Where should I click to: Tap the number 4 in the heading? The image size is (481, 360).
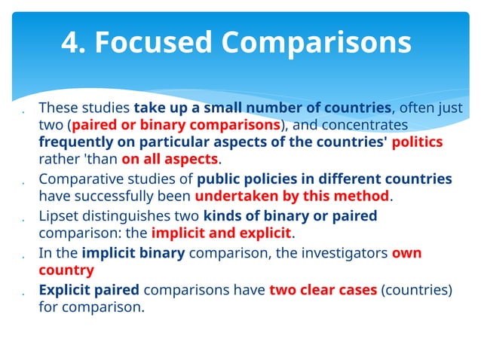[x=72, y=42]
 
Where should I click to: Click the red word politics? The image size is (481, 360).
[x=418, y=142]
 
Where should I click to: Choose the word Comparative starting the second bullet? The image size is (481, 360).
[x=75, y=179]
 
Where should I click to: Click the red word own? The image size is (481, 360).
[x=406, y=253]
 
